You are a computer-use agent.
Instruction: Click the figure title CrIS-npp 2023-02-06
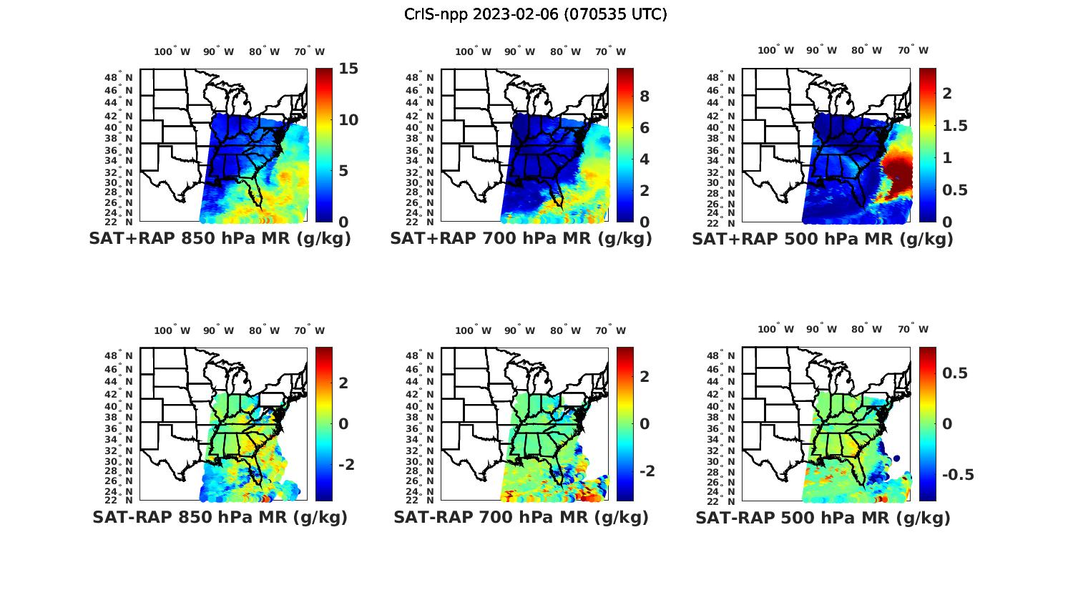pyautogui.click(x=535, y=14)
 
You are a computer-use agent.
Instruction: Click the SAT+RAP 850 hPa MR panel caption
pyautogui.click(x=220, y=239)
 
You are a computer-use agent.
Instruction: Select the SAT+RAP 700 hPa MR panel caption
pyautogui.click(x=521, y=239)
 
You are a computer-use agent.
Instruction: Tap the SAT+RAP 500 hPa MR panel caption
pyautogui.click(x=823, y=239)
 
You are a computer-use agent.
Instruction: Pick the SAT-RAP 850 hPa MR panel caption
pyautogui.click(x=220, y=517)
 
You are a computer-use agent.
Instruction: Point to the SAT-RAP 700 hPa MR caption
pyautogui.click(x=521, y=517)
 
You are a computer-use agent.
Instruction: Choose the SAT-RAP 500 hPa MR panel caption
pyautogui.click(x=823, y=518)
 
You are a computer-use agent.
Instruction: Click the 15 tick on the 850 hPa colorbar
pyautogui.click(x=348, y=70)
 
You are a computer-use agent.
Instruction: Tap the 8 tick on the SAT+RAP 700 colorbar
pyautogui.click(x=644, y=97)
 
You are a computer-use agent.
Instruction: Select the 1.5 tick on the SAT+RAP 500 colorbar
pyautogui.click(x=956, y=126)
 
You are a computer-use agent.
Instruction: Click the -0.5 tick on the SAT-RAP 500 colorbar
pyautogui.click(x=957, y=476)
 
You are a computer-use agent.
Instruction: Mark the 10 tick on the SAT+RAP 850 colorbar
pyautogui.click(x=348, y=120)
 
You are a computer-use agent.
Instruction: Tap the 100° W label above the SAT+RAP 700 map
pyautogui.click(x=473, y=51)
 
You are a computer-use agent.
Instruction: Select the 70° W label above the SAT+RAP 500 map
pyautogui.click(x=913, y=50)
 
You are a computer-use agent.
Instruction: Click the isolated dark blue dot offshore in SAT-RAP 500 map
pyautogui.click(x=896, y=458)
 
